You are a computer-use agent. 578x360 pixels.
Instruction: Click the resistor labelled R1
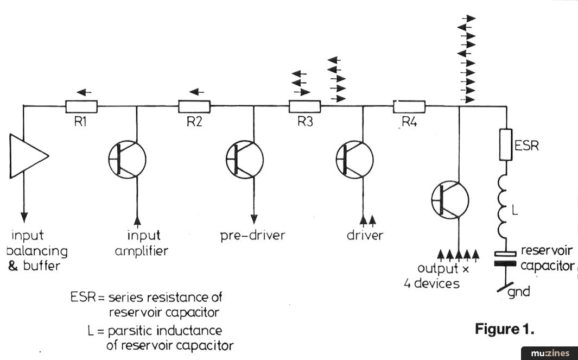coord(81,106)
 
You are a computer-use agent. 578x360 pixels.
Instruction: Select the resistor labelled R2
coord(194,106)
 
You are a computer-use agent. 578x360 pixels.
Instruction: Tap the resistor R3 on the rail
coord(304,106)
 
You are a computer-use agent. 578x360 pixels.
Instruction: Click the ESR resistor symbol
coord(506,144)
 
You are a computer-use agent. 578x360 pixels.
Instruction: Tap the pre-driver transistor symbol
coord(245,159)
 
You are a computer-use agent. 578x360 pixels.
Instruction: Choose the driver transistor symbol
coord(354,159)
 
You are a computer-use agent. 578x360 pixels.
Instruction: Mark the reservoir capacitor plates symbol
coord(506,258)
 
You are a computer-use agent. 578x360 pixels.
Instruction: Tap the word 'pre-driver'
coord(252,236)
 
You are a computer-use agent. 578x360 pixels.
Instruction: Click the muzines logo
coord(549,353)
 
